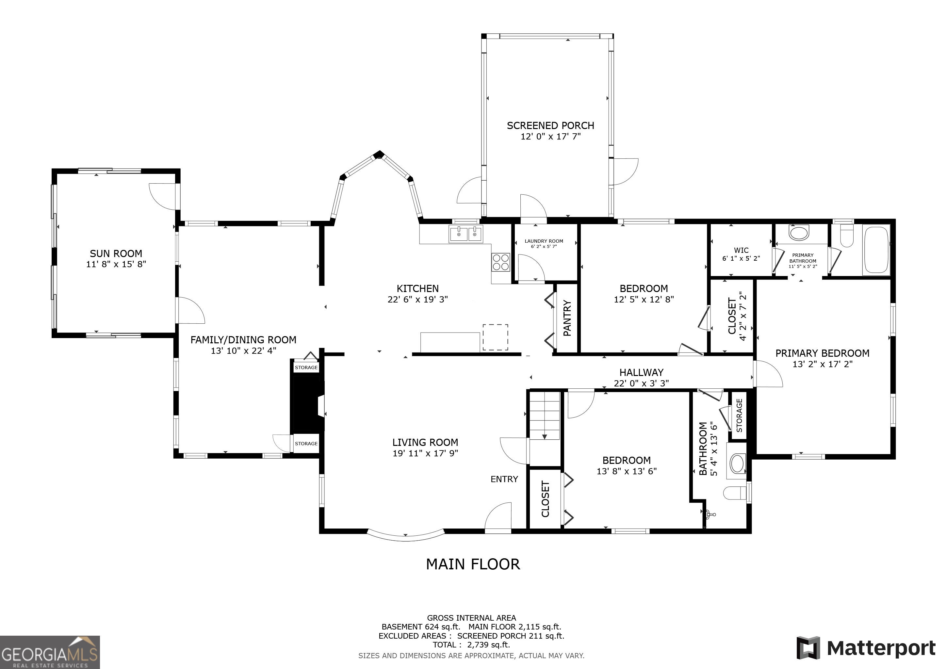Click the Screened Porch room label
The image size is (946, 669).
[x=550, y=126]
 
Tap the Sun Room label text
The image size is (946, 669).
[x=116, y=254]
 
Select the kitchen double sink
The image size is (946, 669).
[x=466, y=235]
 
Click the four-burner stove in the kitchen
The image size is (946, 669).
[x=501, y=262]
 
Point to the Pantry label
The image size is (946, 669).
[x=567, y=318]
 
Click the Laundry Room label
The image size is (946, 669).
[x=544, y=241]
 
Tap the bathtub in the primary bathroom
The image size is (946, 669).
[x=876, y=249]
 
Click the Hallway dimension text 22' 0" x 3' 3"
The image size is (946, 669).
[x=642, y=383]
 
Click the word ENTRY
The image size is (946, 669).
[x=504, y=479]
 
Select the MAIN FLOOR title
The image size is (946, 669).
[x=473, y=564]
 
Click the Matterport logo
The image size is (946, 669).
[x=866, y=648]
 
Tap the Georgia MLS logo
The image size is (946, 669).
[x=50, y=652]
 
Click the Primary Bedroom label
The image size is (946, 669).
[x=823, y=353]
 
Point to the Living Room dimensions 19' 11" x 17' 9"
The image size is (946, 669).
[x=425, y=453]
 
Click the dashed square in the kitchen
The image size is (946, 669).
[x=495, y=337]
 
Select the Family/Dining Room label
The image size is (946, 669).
[x=243, y=340]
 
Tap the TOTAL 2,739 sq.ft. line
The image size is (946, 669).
[x=471, y=645]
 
